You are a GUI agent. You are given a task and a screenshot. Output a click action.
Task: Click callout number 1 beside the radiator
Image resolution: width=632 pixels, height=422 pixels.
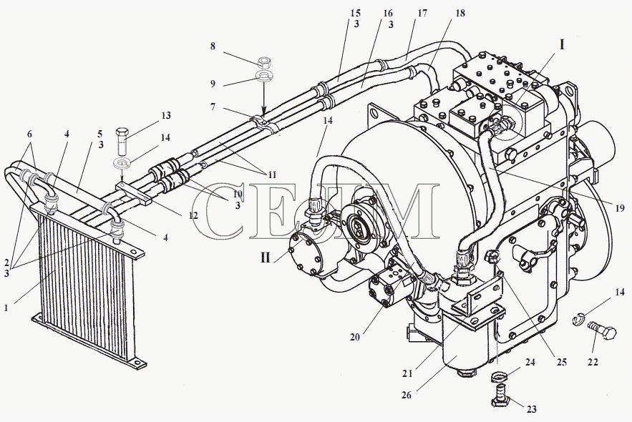(6, 308)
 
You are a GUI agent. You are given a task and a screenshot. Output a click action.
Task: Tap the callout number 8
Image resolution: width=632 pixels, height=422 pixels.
(213, 46)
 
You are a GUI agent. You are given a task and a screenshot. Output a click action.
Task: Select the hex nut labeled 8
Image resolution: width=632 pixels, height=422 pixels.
(264, 62)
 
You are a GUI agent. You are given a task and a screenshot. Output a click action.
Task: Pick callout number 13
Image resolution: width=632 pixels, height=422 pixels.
(165, 116)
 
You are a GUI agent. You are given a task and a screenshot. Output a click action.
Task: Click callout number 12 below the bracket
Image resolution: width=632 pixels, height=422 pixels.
(193, 215)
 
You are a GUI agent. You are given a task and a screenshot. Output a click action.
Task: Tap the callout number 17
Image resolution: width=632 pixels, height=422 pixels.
(422, 14)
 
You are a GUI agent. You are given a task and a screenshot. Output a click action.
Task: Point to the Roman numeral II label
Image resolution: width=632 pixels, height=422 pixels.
(265, 257)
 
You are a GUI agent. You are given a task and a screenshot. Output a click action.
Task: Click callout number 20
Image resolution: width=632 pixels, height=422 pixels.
(355, 337)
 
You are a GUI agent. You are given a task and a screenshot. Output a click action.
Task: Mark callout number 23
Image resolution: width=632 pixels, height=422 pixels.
(532, 409)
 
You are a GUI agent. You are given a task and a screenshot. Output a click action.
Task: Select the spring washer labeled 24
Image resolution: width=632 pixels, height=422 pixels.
(500, 377)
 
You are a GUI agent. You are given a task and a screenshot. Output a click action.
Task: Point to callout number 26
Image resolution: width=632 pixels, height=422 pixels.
(407, 395)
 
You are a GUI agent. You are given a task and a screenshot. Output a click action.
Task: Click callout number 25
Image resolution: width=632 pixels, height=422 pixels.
(561, 363)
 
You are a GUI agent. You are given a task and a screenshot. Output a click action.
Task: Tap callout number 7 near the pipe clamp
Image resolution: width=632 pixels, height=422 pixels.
(213, 107)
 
